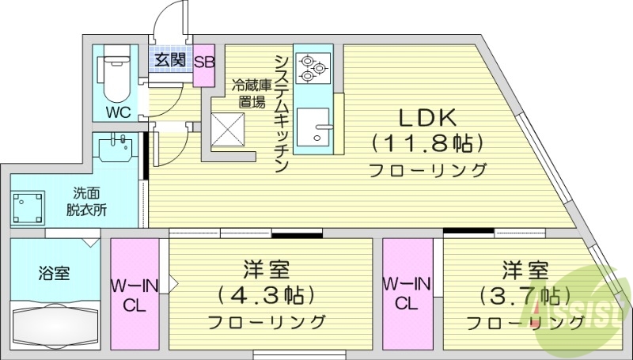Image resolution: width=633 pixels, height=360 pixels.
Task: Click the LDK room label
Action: [426, 118]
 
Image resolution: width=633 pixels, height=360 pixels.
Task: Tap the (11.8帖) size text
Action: [426, 143]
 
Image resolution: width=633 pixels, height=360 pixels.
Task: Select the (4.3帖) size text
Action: [267, 295]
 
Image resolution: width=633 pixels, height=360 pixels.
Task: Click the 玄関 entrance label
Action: [169, 60]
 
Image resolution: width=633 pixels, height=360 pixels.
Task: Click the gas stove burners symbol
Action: [311, 67]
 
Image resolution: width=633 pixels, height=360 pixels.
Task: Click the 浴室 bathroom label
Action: [54, 274]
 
